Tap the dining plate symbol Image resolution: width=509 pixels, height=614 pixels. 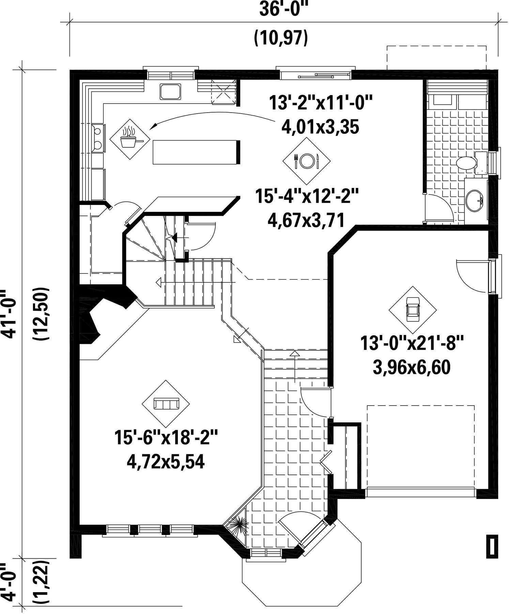307,160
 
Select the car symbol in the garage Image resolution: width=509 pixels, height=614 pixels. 413,309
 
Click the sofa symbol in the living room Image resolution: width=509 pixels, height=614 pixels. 166,404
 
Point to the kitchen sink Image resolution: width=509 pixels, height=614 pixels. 170,91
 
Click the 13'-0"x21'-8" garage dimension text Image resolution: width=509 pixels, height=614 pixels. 412,343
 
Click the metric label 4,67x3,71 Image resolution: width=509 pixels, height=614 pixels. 306,220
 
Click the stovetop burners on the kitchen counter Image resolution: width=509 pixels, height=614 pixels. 98,138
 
